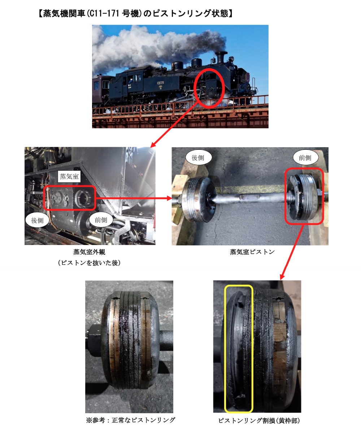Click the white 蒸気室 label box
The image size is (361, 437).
(69, 176)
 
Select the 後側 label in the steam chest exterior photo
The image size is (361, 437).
(38, 220)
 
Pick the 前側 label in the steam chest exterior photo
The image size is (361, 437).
(101, 220)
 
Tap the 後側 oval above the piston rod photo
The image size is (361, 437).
(198, 158)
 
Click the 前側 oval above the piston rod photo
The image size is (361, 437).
(305, 158)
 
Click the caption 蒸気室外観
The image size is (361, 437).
(89, 252)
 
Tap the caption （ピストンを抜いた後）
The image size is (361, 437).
(89, 263)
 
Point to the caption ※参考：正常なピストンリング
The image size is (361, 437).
(130, 420)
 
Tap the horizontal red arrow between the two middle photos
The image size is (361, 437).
(134, 198)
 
